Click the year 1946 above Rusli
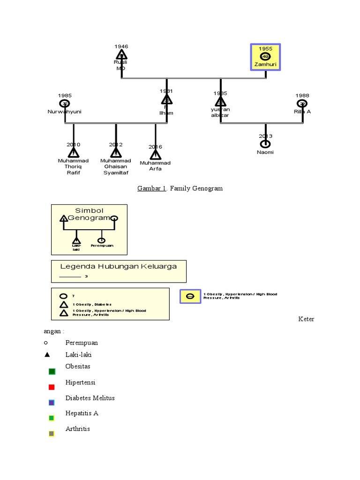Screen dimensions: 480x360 coord(121,46)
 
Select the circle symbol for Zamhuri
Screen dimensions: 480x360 coord(265,57)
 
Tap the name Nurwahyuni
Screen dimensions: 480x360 coord(64,112)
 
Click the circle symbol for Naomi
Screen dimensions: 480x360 coord(265,144)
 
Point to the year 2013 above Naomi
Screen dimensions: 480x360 coord(265,136)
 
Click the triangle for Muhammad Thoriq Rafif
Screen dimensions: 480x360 coord(73,153)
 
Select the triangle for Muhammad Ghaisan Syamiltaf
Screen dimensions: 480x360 coord(116,153)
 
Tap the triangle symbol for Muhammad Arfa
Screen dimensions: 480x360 coord(155,155)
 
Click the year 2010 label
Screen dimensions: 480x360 coord(73,144)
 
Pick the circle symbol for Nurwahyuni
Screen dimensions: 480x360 coord(64,104)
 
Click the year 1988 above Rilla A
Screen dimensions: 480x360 coord(302,95)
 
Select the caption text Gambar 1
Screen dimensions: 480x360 coord(152,188)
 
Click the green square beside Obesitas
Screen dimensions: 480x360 coord(52,372)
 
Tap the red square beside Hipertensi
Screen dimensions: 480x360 coord(52,387)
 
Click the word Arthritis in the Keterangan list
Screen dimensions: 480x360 coord(78,428)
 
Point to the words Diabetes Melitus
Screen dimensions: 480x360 coord(90,398)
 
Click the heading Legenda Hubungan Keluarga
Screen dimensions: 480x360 coord(119,266)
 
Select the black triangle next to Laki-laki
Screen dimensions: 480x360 coord(47,354)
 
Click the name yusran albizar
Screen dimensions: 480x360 coord(220,112)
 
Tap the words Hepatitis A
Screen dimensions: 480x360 coord(82,413)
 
